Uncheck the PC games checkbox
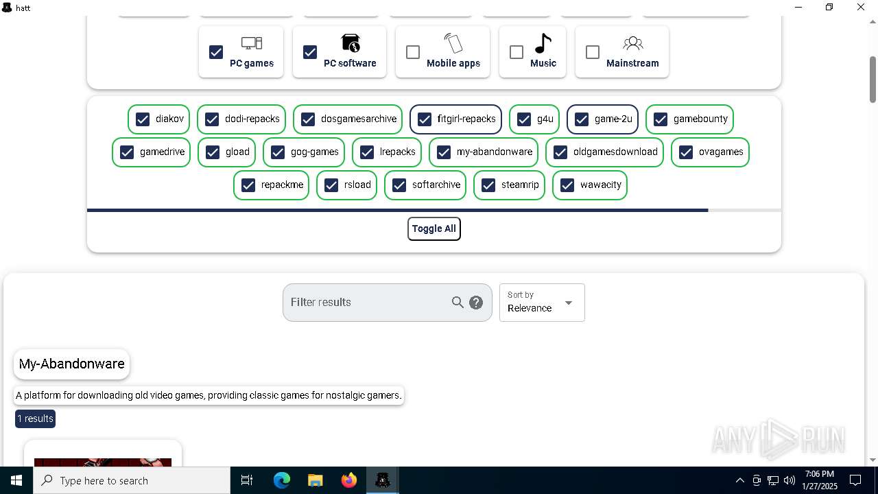[216, 52]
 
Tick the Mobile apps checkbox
[413, 52]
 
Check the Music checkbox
[517, 52]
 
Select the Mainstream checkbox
[593, 52]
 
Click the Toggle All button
[434, 228]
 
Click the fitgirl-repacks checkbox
[425, 119]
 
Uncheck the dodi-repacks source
[212, 119]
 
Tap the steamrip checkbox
[488, 185]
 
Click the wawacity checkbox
[567, 185]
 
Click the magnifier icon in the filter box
[458, 303]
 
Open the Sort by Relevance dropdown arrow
[568, 303]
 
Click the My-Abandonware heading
[72, 364]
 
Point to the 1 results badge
[35, 419]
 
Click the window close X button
[861, 8]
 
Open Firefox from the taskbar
[349, 480]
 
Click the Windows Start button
[16, 480]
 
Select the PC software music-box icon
[351, 43]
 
